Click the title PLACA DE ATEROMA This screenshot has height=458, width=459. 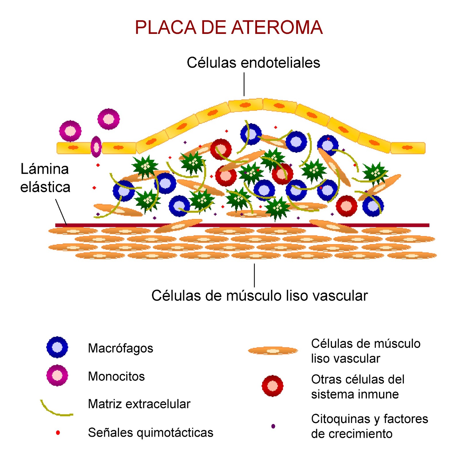(x=229, y=28)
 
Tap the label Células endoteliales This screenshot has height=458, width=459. (x=253, y=63)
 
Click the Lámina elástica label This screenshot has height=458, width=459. (x=45, y=178)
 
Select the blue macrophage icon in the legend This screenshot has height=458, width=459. (x=57, y=347)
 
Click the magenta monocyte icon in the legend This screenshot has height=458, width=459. (x=57, y=375)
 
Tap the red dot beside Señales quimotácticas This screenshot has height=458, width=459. (x=58, y=432)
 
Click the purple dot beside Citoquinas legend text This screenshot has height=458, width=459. (x=273, y=426)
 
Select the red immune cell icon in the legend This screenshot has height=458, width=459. (x=273, y=386)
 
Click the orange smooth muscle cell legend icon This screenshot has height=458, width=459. (x=273, y=351)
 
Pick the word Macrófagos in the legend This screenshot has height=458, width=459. (x=120, y=348)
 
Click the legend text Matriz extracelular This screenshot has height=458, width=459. (x=139, y=404)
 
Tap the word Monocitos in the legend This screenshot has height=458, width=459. (x=116, y=376)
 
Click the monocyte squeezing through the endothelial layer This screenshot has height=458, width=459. (x=96, y=147)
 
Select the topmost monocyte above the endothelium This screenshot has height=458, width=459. (x=108, y=119)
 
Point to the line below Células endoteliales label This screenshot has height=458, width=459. (x=244, y=84)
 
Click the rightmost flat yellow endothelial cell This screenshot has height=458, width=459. (x=408, y=148)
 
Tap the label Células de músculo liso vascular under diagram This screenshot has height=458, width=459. (x=259, y=296)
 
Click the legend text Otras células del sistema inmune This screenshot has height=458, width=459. (x=357, y=387)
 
